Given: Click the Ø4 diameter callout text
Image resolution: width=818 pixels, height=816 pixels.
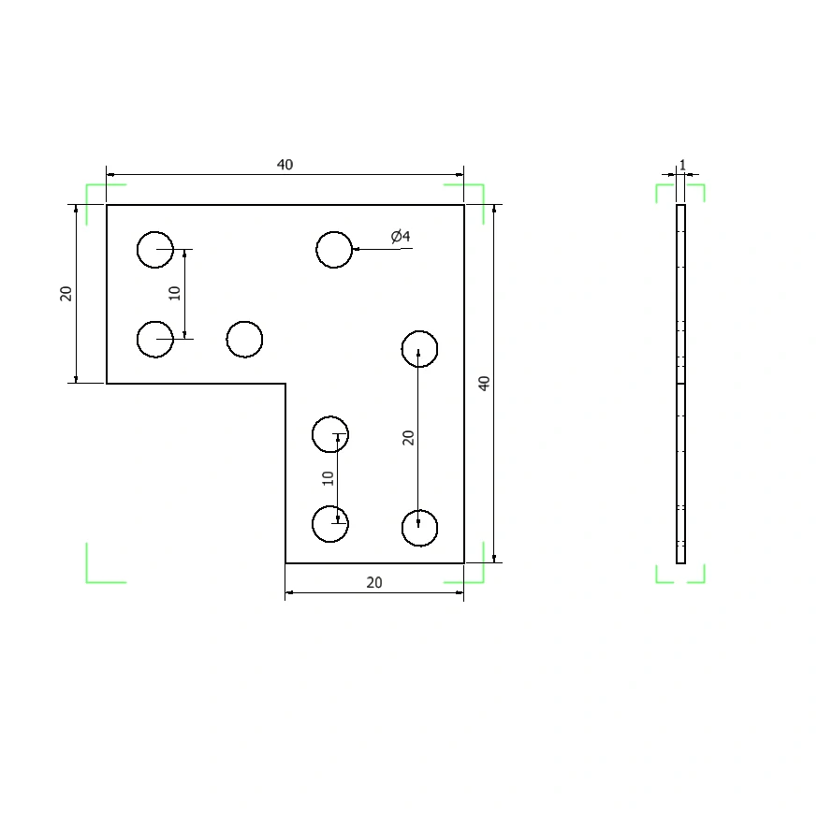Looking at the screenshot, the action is click(401, 237).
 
